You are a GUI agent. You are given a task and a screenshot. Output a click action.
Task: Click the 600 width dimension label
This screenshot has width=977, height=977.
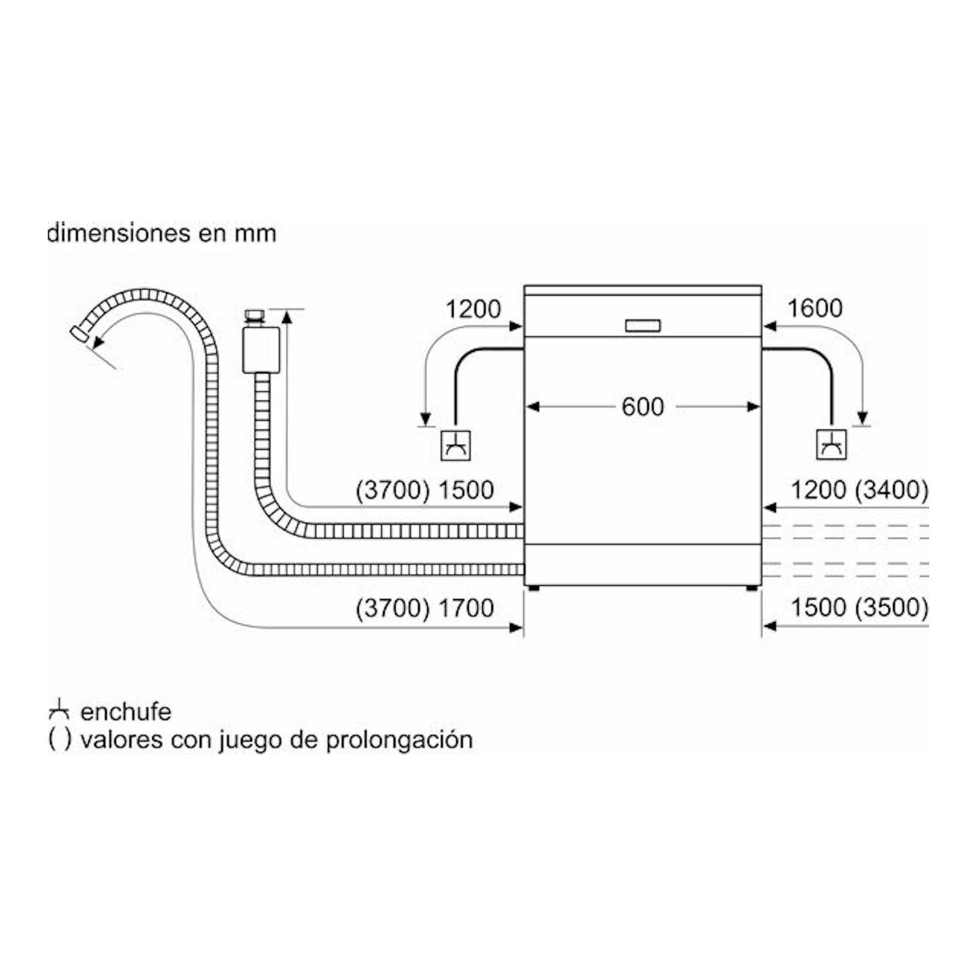(x=642, y=407)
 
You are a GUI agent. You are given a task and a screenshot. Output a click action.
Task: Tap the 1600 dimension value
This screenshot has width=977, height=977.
(x=815, y=308)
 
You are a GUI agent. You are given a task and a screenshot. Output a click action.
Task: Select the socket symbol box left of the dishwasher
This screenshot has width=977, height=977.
(x=456, y=445)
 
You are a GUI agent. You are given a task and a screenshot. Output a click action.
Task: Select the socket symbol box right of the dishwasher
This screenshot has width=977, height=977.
(x=831, y=444)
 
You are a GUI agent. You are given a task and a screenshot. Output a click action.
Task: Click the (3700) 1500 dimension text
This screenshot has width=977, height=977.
(x=425, y=490)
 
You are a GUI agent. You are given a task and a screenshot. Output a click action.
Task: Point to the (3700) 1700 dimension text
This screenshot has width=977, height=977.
(x=425, y=607)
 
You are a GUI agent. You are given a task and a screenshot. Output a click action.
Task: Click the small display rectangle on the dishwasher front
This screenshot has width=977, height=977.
(x=643, y=326)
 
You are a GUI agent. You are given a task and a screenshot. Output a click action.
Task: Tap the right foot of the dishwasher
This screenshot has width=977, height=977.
(x=752, y=588)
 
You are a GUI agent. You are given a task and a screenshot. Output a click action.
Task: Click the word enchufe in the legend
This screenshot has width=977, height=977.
(x=126, y=712)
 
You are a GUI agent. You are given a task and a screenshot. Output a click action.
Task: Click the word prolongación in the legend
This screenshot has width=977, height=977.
(x=399, y=741)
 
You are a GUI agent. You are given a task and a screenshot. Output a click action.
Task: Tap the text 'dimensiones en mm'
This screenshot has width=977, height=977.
(x=162, y=233)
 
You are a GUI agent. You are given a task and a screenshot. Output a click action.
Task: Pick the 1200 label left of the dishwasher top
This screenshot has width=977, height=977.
(x=473, y=308)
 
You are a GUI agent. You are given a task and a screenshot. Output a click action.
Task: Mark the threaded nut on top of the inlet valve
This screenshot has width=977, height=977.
(x=255, y=316)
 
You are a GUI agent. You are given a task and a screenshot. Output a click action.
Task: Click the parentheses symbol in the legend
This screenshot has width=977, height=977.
(x=60, y=740)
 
